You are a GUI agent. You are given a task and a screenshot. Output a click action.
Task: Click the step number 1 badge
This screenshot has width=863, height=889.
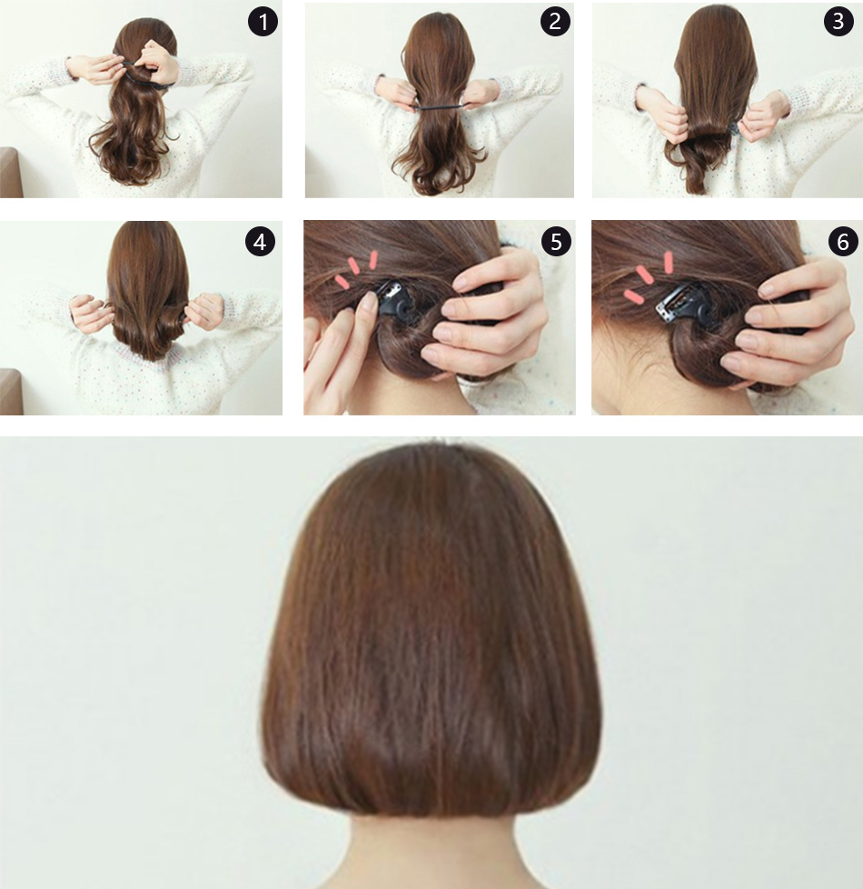[x=263, y=22]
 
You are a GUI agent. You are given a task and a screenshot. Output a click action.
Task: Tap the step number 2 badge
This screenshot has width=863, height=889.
[x=555, y=22]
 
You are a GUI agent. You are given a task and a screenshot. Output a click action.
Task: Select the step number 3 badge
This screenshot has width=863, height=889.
[x=838, y=22]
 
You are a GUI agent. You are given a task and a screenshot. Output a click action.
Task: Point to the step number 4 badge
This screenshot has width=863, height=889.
[x=260, y=242]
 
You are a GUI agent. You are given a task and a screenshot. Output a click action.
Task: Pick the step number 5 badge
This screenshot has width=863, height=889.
[x=556, y=242]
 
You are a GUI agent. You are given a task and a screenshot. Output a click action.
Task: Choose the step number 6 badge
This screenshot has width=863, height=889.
[x=843, y=242]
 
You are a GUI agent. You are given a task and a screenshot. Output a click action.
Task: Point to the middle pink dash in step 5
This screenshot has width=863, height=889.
[x=354, y=266]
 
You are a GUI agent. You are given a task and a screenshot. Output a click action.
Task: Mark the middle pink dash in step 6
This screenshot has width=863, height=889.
[x=645, y=275]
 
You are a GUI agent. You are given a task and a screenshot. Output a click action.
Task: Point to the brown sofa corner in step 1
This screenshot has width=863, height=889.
[x=10, y=173]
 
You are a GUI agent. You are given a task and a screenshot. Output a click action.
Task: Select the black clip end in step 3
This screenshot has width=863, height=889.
[x=733, y=129]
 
